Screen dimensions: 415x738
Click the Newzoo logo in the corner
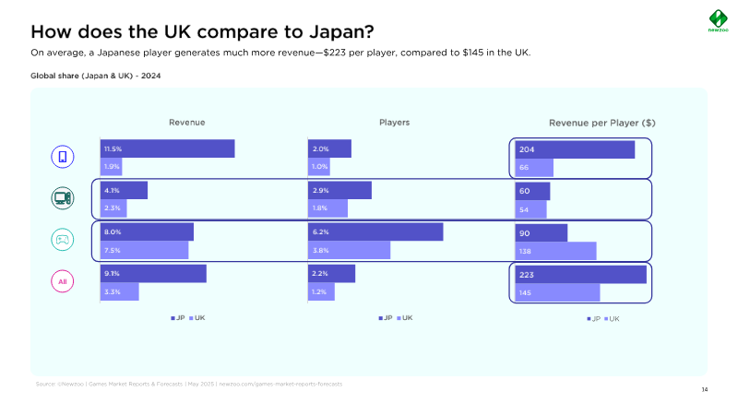coord(717,19)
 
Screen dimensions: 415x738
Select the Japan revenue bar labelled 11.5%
coord(167,148)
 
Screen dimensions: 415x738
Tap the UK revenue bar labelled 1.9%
coord(111,167)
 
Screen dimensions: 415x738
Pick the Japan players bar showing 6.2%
coord(375,231)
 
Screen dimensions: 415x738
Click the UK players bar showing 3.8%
coord(349,250)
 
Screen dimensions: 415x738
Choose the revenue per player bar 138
coord(555,251)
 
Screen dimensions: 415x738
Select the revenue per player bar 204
coord(574,149)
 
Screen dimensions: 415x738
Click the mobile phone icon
coord(62,157)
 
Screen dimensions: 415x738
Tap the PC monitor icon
coord(62,198)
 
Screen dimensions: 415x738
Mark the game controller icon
coord(62,240)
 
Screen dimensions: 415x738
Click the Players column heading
coord(394,123)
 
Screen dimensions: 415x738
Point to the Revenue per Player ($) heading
coord(602,123)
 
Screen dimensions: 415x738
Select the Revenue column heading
coord(186,123)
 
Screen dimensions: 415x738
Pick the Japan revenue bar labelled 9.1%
coord(153,273)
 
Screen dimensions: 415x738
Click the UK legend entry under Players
coord(404,317)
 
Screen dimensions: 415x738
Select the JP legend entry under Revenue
coord(177,317)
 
